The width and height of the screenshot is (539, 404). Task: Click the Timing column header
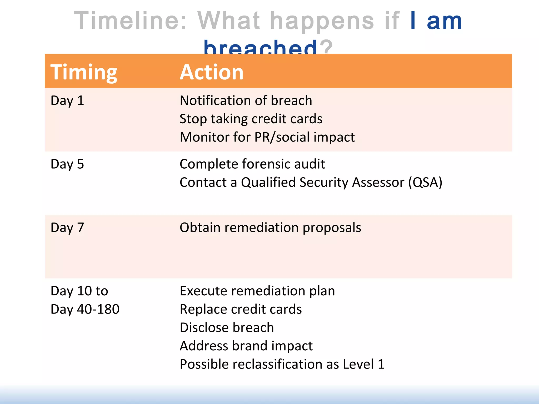pos(84,72)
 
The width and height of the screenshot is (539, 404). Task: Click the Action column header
pos(212,72)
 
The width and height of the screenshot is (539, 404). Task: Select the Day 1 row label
pos(67,101)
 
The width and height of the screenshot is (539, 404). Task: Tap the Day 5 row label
pos(67,164)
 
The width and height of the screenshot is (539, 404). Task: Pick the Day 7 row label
pos(67,228)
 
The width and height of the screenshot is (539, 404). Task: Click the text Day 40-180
pos(85,309)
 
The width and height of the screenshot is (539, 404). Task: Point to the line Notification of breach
pos(246,100)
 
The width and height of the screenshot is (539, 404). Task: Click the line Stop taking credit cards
pos(251,119)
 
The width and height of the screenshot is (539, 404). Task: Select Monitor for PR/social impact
pos(267,137)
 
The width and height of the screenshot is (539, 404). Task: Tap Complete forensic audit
pos(252,164)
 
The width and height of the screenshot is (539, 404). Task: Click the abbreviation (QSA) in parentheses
pos(425,183)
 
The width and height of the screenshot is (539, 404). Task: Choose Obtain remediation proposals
pos(270,228)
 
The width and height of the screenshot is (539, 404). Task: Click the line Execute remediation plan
pos(257,291)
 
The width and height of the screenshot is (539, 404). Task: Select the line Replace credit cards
pos(241,309)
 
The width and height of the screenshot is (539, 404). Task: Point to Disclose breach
pos(227,328)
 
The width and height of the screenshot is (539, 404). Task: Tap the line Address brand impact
pos(246,346)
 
